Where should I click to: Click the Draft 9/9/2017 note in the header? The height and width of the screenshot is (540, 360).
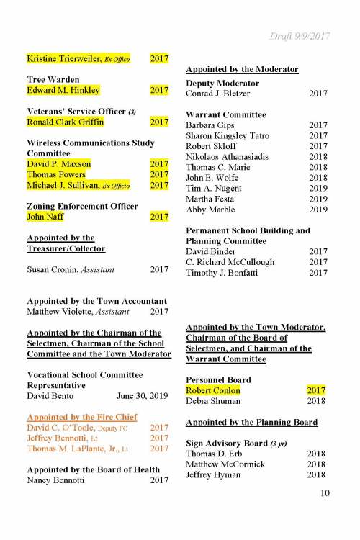[299, 36]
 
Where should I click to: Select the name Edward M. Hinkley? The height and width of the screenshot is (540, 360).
[63, 91]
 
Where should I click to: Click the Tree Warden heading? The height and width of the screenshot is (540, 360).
[53, 79]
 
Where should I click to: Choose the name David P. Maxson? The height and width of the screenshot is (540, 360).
[59, 164]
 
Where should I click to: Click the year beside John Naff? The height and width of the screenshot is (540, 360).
[159, 217]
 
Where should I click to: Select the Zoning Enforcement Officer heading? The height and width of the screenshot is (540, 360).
[82, 206]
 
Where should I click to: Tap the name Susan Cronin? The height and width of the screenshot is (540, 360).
[48, 270]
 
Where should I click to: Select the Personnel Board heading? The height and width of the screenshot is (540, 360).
[218, 379]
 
